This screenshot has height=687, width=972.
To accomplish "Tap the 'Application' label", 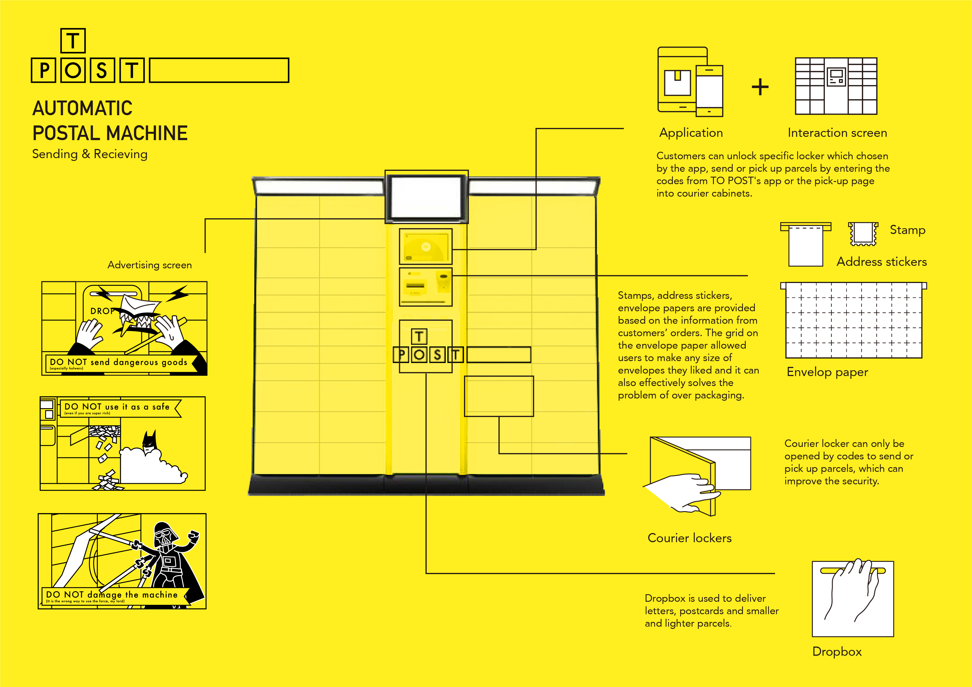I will pos(691,133).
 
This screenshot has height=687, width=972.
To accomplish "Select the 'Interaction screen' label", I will pos(837,133).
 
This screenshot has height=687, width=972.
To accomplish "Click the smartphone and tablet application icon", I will pos(690,82).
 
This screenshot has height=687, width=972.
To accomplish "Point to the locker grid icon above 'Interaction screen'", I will pos(836,86).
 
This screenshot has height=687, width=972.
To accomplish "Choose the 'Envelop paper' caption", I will pos(827,372).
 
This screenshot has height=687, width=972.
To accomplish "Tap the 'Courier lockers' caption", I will pos(689,538).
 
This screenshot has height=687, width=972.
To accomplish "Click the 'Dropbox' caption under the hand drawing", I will pos(837,652).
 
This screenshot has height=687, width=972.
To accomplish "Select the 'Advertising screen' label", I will pos(149,265).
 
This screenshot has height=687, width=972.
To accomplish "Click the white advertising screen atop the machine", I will pos(426,197).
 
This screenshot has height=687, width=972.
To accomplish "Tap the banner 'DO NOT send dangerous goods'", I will pos(119,362).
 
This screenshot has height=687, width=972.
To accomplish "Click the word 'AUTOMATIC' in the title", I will pos(83,108).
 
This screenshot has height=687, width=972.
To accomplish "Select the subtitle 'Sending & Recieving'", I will pos(90,154).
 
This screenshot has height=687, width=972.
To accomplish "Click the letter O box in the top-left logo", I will pos(73,70).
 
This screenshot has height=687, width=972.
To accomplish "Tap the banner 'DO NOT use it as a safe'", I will pos(117,407).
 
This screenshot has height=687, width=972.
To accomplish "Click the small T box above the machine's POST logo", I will pos(419,336).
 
